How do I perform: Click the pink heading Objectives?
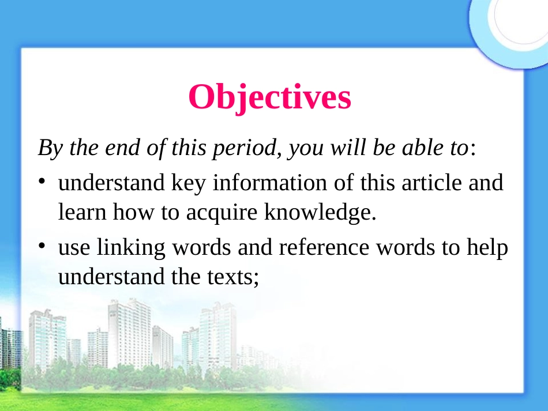pyautogui.click(x=269, y=97)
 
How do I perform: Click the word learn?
pyautogui.click(x=82, y=213)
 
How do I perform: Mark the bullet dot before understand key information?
pyautogui.click(x=43, y=182)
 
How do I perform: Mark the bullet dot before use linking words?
pyautogui.click(x=43, y=246)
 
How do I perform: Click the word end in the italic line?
pyautogui.click(x=122, y=148)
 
